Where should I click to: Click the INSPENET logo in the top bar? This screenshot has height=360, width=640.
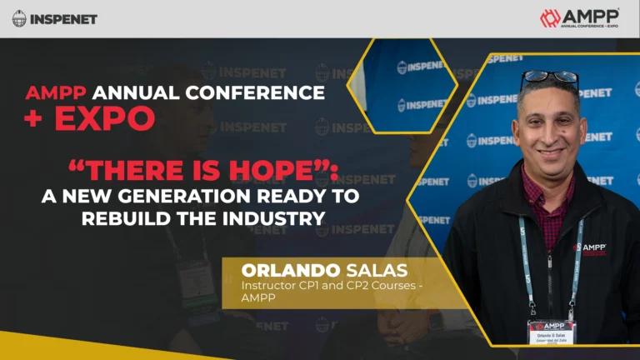point(54,18)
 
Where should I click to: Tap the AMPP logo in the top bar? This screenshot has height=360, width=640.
point(580,18)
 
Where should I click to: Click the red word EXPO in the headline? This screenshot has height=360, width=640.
point(104,117)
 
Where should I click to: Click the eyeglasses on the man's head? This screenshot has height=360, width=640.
point(549,79)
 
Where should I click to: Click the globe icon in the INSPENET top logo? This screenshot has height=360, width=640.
point(19,18)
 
